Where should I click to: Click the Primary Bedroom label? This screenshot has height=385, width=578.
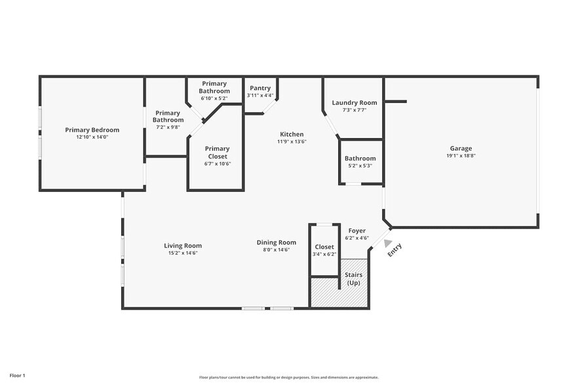91,130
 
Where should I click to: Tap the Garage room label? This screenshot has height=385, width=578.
461,149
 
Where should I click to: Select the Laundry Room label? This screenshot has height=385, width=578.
354,103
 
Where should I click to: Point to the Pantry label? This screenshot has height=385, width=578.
260,88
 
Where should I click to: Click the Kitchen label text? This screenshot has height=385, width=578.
292,134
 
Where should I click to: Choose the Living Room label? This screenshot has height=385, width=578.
182,246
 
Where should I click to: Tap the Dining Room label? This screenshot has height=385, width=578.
276,242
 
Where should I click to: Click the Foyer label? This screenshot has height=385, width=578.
356,230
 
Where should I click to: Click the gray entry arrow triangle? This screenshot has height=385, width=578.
379,243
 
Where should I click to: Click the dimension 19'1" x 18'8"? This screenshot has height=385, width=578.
461,156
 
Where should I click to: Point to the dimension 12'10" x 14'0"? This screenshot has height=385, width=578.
91,137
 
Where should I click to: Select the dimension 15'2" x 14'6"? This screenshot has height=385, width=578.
182,253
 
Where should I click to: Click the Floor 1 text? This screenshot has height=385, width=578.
18,375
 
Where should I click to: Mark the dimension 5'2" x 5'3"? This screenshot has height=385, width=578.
360,166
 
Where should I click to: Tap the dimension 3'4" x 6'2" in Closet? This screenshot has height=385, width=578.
324,254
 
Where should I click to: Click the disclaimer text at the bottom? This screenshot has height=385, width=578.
288,377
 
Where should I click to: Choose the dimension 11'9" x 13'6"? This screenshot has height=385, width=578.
292,141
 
